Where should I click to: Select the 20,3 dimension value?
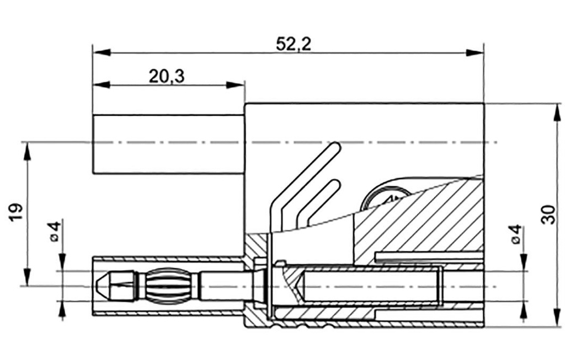[x=166, y=77]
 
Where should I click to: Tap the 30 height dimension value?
[x=547, y=213]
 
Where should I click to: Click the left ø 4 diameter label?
[x=54, y=232]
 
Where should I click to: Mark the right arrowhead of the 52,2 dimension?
[x=475, y=52]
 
